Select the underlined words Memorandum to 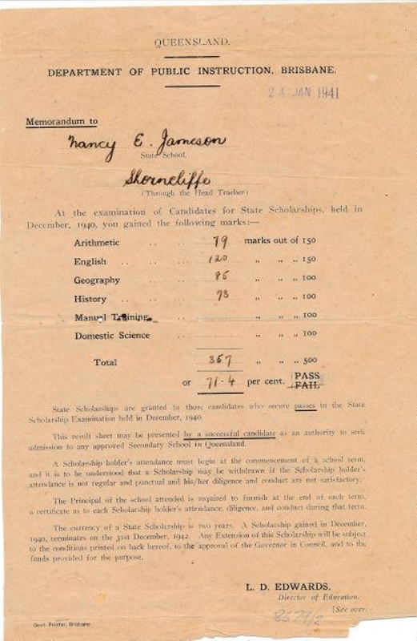62,123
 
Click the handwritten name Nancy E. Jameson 158,144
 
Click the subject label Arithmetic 97,242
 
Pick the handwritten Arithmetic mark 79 221,241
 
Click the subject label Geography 97,280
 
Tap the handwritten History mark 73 222,295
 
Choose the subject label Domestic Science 112,335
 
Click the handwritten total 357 220,360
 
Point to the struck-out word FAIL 307,385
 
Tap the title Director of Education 318,598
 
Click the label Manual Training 111,317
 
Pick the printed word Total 105,362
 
